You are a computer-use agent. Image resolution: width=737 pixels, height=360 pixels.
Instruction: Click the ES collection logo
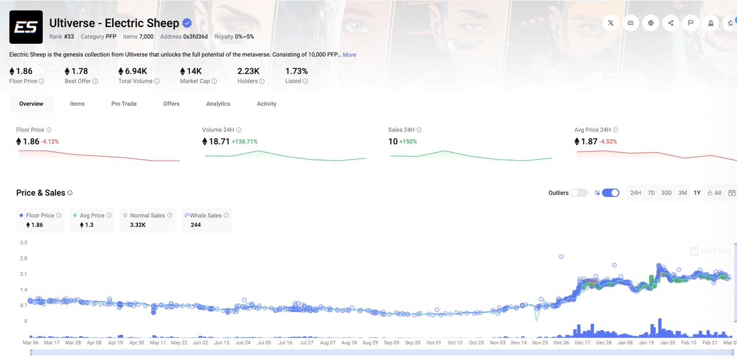click(x=26, y=27)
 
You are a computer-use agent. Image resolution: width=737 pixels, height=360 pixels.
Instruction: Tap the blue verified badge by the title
click(x=187, y=24)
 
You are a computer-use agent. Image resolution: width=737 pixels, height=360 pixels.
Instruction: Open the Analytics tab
click(x=218, y=104)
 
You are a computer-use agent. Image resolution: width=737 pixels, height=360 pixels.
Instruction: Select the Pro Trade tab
click(x=124, y=104)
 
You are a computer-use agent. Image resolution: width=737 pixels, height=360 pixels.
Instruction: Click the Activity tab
click(x=267, y=104)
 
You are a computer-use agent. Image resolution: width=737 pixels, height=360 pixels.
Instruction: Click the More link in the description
click(x=349, y=55)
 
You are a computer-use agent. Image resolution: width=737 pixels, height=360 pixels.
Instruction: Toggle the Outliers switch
click(x=579, y=193)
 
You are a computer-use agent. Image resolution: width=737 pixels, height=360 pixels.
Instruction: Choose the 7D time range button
click(x=651, y=193)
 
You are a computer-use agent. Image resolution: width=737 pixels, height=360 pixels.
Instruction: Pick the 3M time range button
click(x=682, y=193)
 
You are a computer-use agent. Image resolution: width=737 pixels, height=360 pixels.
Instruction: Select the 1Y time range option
click(x=697, y=193)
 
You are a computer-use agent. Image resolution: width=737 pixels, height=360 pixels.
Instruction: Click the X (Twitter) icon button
click(x=611, y=23)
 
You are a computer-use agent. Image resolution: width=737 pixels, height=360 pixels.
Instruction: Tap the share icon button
click(x=671, y=23)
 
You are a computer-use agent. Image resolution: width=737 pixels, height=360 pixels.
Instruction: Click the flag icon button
click(x=690, y=23)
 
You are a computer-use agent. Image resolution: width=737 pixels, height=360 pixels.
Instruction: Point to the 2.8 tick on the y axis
click(x=23, y=259)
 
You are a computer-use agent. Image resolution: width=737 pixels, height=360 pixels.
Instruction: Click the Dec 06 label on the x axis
click(x=561, y=343)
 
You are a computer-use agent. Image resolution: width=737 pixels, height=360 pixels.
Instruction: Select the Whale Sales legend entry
click(x=206, y=220)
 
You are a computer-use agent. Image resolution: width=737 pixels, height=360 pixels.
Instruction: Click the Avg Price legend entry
click(x=92, y=220)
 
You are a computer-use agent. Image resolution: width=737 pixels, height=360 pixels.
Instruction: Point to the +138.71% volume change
click(x=245, y=142)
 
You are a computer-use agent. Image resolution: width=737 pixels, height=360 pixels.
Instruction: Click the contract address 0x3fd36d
click(x=196, y=37)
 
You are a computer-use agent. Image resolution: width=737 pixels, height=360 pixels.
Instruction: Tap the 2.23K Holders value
click(x=248, y=71)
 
